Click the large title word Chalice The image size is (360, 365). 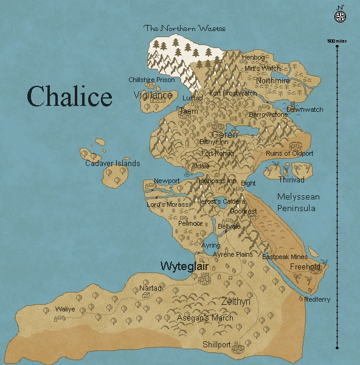[x=69, y=97]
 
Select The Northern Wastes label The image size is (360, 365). [x=184, y=28]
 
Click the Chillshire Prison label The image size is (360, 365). [x=151, y=80]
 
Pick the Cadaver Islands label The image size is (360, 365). [x=112, y=163]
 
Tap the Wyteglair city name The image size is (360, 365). [x=184, y=266]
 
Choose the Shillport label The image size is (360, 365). [x=216, y=344]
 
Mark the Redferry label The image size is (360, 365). [x=317, y=299]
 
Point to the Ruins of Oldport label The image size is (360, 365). [x=289, y=154]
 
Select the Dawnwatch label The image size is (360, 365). [x=305, y=110]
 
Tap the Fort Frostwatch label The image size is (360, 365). [x=232, y=94]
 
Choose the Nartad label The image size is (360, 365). [x=150, y=288]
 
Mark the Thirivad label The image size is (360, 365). [x=291, y=180]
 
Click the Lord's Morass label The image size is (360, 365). [x=168, y=204]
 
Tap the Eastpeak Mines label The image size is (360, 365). [x=285, y=257]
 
